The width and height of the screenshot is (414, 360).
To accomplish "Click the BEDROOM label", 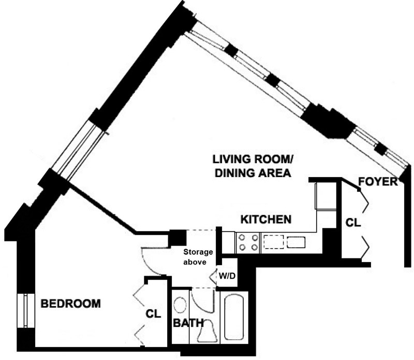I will pyautogui.click(x=71, y=304).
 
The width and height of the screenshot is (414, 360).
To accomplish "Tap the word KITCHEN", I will pyautogui.click(x=265, y=220).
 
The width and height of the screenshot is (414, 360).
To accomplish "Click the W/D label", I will pyautogui.click(x=228, y=275).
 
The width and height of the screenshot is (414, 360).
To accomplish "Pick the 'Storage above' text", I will pyautogui.click(x=198, y=257).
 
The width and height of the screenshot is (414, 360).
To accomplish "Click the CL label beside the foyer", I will pyautogui.click(x=353, y=223).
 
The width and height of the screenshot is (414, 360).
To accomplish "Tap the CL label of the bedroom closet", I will pyautogui.click(x=153, y=313).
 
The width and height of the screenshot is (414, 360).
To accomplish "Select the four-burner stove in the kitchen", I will pyautogui.click(x=248, y=242).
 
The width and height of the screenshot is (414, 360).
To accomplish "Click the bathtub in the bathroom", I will pyautogui.click(x=236, y=316).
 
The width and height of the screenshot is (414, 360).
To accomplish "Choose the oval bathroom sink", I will pyautogui.click(x=181, y=305).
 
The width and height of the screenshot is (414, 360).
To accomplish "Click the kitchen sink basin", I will pyautogui.click(x=297, y=242).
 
